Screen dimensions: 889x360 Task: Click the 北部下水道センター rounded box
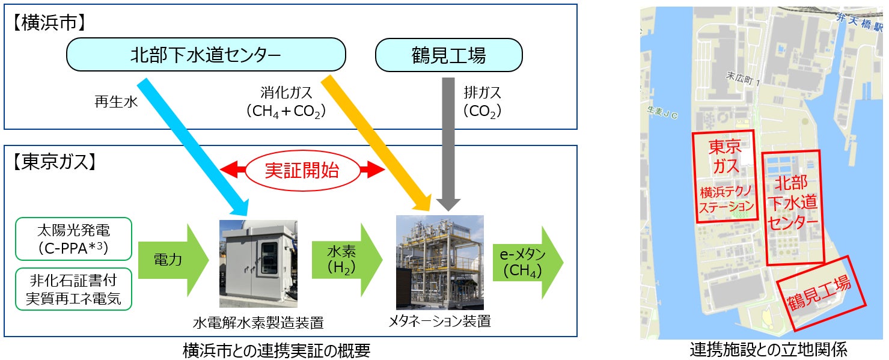(206, 55)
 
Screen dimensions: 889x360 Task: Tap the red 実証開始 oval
(302, 171)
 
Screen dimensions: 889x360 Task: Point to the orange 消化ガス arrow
(376, 143)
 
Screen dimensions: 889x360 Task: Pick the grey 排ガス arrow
(448, 144)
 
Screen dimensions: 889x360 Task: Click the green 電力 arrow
(173, 260)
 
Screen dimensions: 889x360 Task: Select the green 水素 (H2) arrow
(347, 260)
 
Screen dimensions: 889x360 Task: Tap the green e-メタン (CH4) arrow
(528, 263)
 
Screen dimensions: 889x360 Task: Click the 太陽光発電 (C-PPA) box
(73, 239)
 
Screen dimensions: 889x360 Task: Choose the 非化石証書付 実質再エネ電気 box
(73, 289)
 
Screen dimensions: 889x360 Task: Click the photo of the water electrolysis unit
(258, 264)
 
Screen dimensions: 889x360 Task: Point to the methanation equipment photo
(440, 263)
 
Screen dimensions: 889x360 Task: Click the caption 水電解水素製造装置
(258, 323)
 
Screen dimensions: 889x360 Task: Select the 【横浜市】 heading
(49, 23)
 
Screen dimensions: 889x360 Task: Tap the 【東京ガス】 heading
(54, 162)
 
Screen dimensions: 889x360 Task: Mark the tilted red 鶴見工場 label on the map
(819, 293)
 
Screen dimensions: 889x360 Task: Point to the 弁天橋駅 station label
(859, 22)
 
